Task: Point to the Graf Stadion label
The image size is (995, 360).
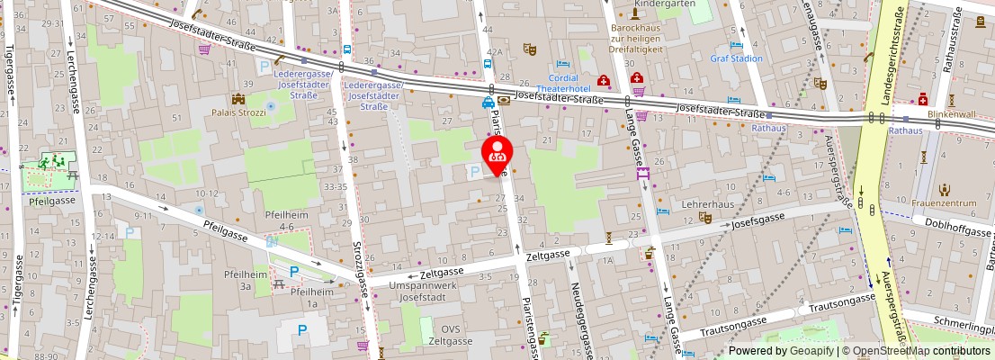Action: (x=736, y=58)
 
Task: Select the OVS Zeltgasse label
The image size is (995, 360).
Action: (x=449, y=335)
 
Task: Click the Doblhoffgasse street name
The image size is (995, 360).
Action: (x=953, y=231)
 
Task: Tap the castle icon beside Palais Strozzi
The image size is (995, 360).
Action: (x=239, y=98)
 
